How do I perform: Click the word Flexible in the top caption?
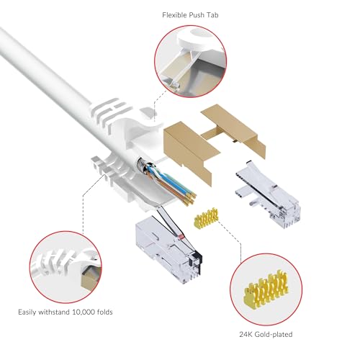tap(174, 15)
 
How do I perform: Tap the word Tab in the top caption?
tap(212, 15)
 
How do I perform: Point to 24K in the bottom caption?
tap(246, 334)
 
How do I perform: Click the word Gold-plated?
tap(274, 335)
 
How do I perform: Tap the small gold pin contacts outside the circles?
tap(206, 218)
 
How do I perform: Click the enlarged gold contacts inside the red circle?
tap(266, 289)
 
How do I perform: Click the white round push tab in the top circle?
tap(196, 41)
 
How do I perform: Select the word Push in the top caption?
tap(196, 15)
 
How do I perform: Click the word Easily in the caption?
tap(27, 312)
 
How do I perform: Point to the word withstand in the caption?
tap(54, 312)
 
